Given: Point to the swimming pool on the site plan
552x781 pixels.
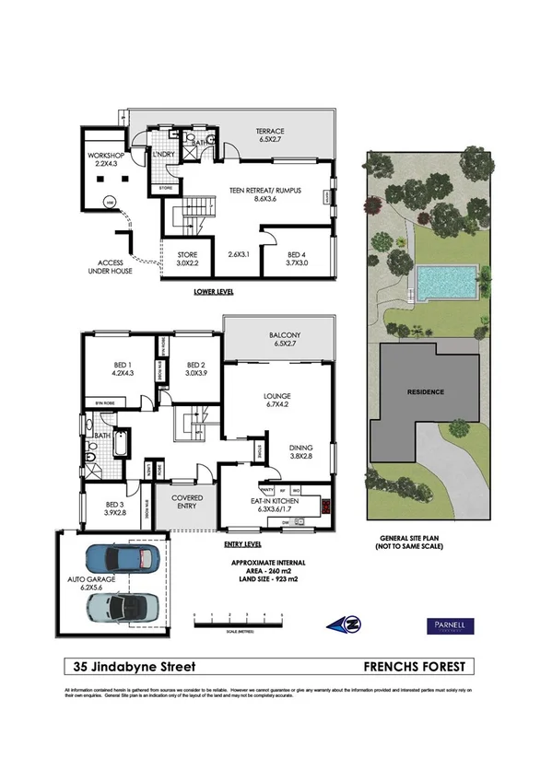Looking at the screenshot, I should pos(445,280).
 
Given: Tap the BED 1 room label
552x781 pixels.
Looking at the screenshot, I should pos(122,368).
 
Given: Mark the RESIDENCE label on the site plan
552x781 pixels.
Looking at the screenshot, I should pos(426,392).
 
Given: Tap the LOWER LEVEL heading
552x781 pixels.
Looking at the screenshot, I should pos(213,291).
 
